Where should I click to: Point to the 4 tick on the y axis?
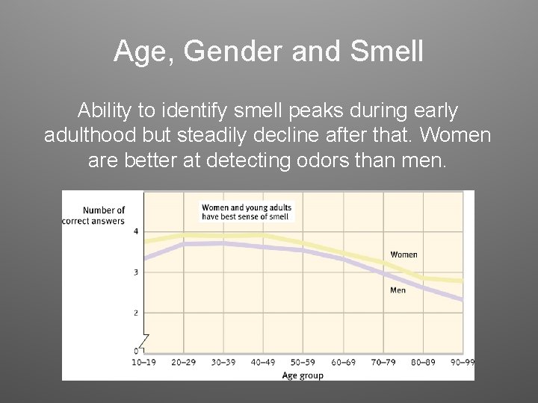pyautogui.click(x=136, y=231)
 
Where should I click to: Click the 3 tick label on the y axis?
pyautogui.click(x=136, y=272)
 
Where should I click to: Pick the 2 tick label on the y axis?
pyautogui.click(x=136, y=313)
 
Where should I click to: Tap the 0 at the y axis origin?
pyautogui.click(x=137, y=351)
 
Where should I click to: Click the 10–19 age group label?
pyautogui.click(x=143, y=363)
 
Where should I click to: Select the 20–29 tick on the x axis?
pyautogui.click(x=183, y=363)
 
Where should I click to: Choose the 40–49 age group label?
pyautogui.click(x=263, y=363)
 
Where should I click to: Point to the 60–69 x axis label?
pyautogui.click(x=344, y=363)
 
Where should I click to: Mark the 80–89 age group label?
pyautogui.click(x=424, y=363)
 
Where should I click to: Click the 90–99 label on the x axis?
pyautogui.click(x=461, y=363)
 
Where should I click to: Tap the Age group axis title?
pyautogui.click(x=303, y=375)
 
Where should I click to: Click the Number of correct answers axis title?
pyautogui.click(x=104, y=216)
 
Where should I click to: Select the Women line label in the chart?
pyautogui.click(x=403, y=254)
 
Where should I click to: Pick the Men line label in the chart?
pyautogui.click(x=398, y=290)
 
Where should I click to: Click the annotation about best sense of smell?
pyautogui.click(x=247, y=212)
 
